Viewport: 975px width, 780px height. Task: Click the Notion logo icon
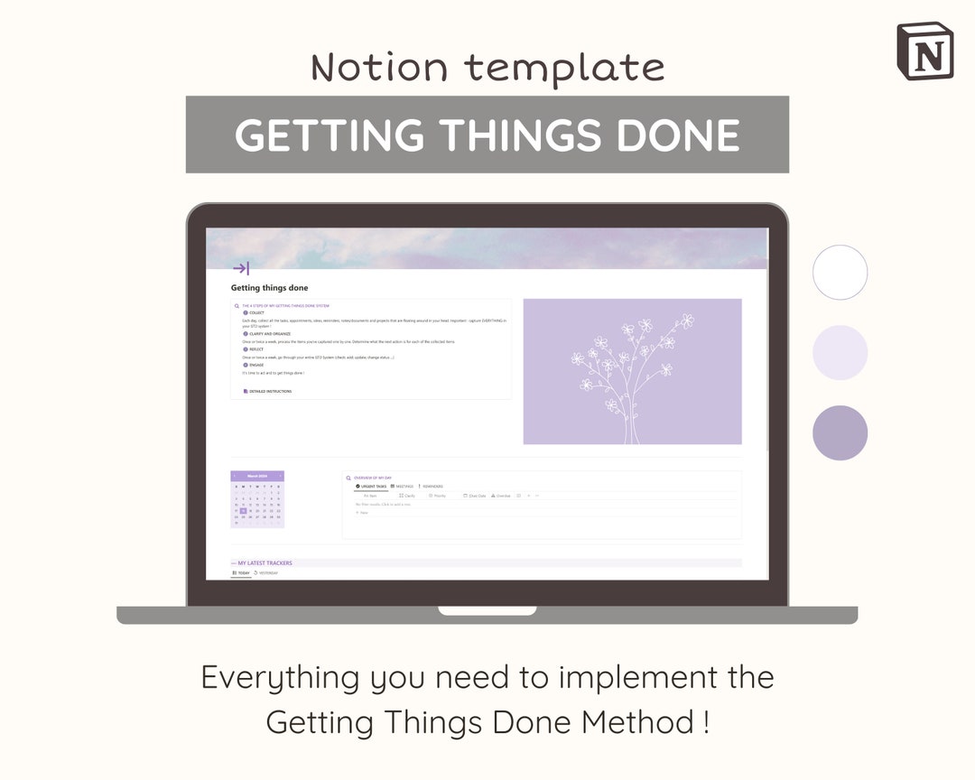924,51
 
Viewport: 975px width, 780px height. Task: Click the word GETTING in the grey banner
329,135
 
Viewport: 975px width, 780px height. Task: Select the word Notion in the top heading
380,68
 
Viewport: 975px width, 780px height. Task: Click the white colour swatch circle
840,272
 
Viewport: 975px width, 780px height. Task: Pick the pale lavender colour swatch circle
840,352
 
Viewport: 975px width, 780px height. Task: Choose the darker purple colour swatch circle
840,432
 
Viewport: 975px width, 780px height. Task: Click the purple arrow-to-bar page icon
241,268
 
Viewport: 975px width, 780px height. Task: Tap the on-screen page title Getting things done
269,288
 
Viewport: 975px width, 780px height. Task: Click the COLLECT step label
256,313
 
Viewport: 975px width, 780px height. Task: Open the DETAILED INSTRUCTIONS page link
269,392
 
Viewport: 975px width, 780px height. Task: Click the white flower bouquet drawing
632,375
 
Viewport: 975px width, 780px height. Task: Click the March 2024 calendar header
257,476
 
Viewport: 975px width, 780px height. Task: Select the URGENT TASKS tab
372,487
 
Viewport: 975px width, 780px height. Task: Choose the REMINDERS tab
432,487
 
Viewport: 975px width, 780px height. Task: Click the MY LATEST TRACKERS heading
265,563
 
